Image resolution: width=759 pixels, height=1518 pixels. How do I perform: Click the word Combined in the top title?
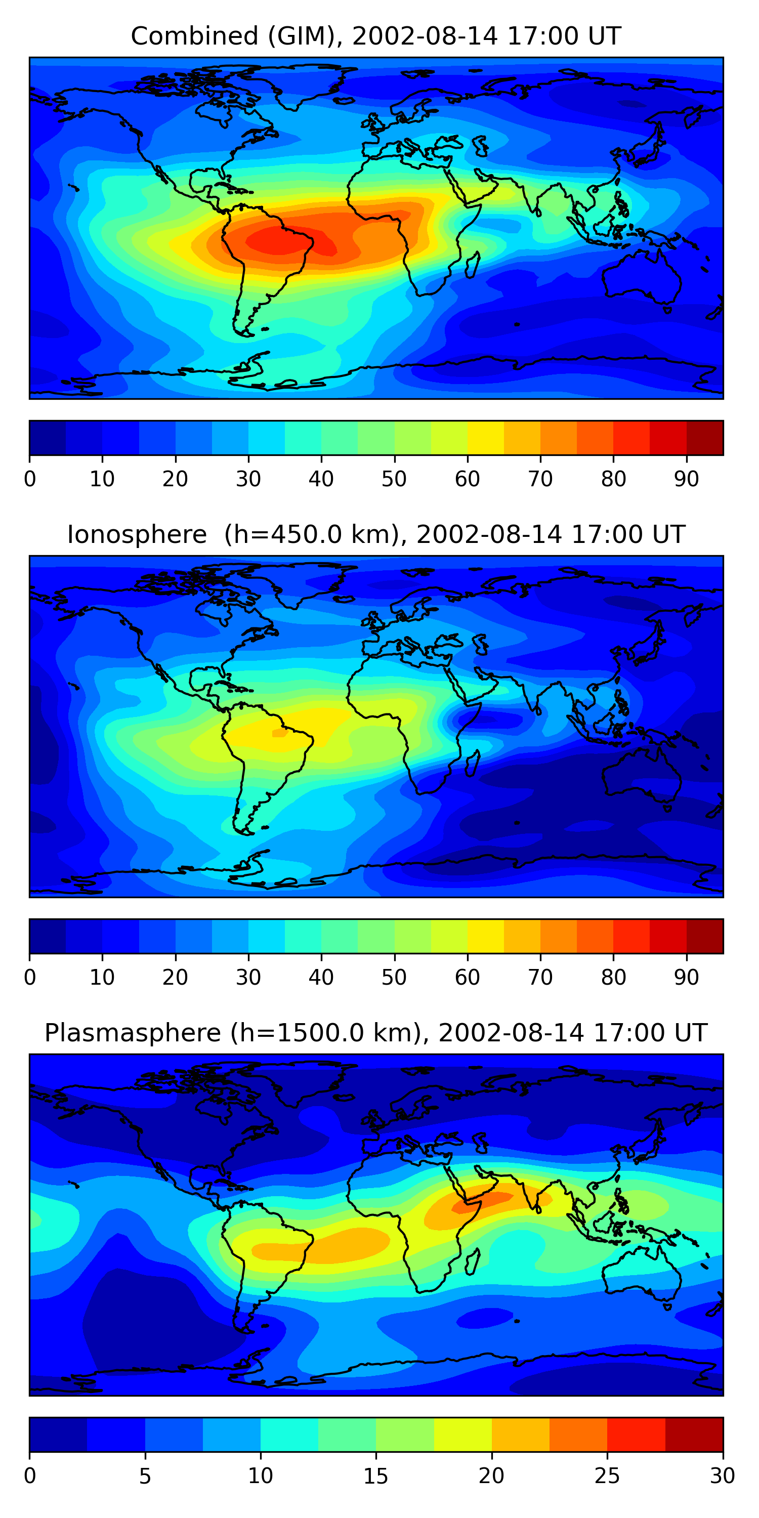point(195,36)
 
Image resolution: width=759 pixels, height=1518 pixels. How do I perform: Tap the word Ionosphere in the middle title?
point(137,534)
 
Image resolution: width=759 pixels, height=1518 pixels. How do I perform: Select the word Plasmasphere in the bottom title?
point(133,1033)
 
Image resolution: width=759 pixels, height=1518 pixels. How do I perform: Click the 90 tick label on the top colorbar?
point(687,479)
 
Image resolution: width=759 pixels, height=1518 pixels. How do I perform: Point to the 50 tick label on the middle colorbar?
point(394,977)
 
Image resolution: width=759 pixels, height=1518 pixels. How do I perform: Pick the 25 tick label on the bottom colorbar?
point(607,1475)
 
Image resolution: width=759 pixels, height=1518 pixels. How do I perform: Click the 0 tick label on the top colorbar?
point(30,479)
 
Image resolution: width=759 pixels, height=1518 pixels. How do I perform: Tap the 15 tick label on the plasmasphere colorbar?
point(376,1475)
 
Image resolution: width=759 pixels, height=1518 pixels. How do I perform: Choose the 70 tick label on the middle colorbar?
point(540,977)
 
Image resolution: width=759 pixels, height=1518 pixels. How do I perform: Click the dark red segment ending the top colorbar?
point(705,438)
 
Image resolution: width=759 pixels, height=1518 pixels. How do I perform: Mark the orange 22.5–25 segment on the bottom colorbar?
point(578,1435)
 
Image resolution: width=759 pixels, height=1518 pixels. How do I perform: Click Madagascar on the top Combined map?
point(473,265)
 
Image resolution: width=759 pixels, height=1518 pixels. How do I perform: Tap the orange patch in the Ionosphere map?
point(279,733)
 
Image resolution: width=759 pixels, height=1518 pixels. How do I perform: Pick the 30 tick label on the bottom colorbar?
point(723,1475)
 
